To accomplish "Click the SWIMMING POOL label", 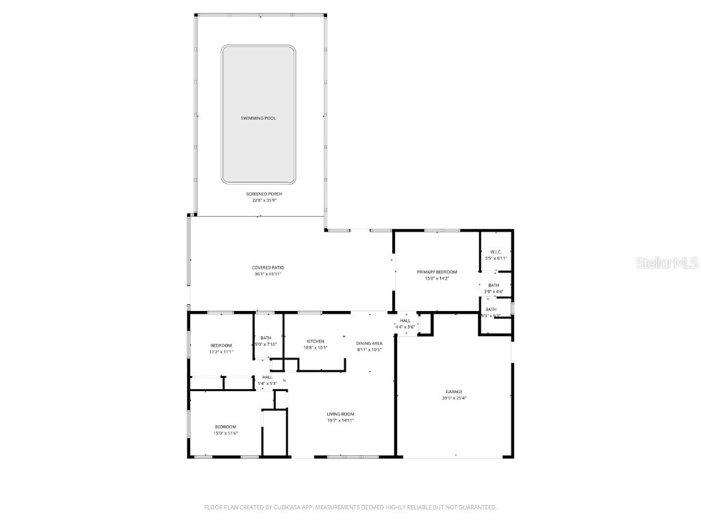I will [x=258, y=118].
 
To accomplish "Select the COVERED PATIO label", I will [x=268, y=267].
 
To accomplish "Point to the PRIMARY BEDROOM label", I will [x=437, y=272].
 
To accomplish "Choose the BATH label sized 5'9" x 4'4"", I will [x=494, y=285].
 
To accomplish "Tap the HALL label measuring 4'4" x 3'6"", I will [x=405, y=321].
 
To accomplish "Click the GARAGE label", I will [x=454, y=392].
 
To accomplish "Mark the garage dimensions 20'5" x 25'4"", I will [x=454, y=398].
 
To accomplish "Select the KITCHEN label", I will [x=316, y=341].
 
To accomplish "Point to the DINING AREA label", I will [x=369, y=343].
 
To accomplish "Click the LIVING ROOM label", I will [x=340, y=414].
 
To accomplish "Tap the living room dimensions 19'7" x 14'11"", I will [x=340, y=420].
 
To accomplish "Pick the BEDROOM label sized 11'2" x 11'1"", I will [x=221, y=345].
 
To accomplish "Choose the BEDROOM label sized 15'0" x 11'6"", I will [x=226, y=427].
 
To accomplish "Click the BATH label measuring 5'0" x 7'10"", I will [x=266, y=338].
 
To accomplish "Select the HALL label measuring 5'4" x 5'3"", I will [x=267, y=377].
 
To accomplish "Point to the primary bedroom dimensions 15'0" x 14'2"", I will [x=437, y=278].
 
